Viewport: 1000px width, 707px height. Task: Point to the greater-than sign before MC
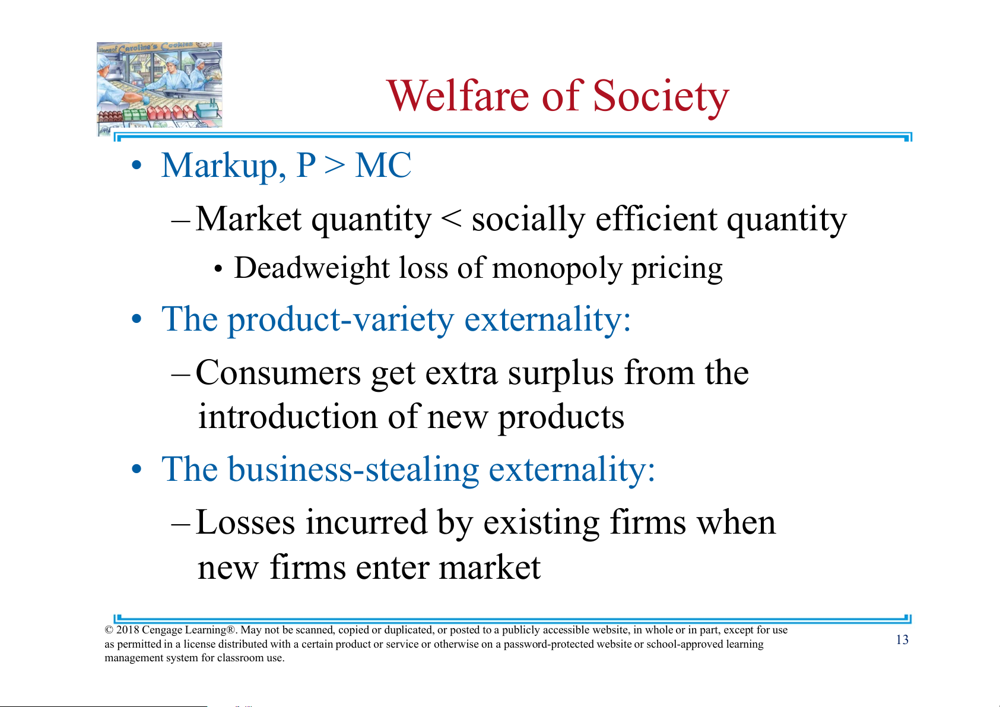click(x=335, y=166)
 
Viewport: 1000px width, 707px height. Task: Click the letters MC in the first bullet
click(x=383, y=165)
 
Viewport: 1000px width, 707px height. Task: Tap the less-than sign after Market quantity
click(x=451, y=219)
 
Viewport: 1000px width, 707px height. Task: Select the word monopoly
click(x=557, y=270)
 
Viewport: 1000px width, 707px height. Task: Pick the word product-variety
click(x=341, y=320)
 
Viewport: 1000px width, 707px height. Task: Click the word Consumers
click(x=278, y=373)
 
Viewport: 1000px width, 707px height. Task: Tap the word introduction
click(x=288, y=416)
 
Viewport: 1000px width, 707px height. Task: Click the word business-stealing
click(x=354, y=470)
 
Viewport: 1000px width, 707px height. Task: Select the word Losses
click(x=245, y=522)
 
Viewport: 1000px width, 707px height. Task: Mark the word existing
click(x=541, y=524)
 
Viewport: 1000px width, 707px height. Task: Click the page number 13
click(x=902, y=640)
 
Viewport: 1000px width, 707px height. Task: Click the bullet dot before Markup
click(x=136, y=165)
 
